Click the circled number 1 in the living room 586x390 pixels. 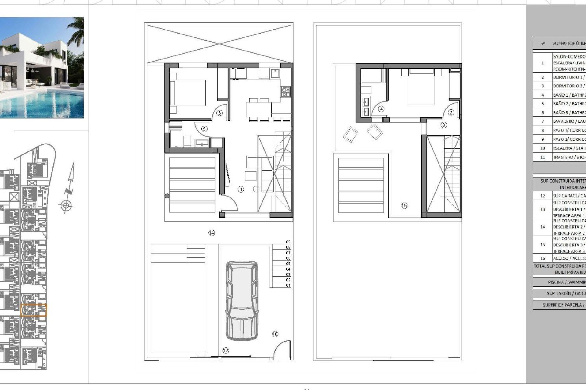point(241,190)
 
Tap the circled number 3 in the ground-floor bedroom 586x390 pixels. point(219,113)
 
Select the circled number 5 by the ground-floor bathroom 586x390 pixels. point(204,129)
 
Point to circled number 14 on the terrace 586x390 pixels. point(212,233)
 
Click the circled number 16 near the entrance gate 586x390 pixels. point(275,334)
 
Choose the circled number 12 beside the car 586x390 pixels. point(226,351)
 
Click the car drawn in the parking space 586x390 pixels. point(241,300)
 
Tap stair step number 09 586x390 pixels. point(288,242)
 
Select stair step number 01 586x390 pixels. point(288,285)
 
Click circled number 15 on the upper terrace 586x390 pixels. point(404,206)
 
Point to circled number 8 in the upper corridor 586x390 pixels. point(443,125)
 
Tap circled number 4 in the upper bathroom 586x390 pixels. point(381,109)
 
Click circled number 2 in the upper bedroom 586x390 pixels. point(451,112)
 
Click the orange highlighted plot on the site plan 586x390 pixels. point(34,310)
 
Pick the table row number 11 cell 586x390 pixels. point(542,157)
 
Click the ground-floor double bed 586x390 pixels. point(187,93)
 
